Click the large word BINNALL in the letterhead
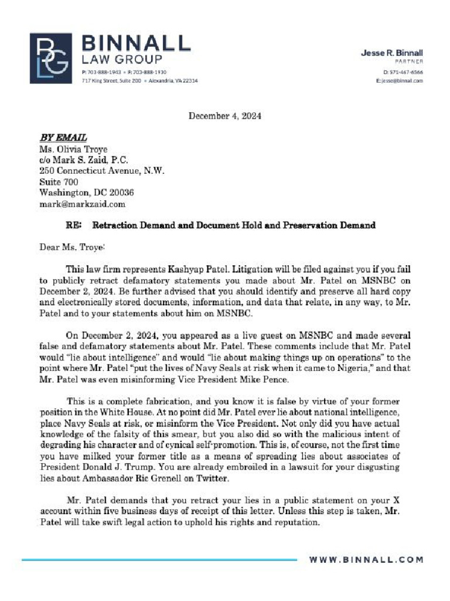tap(135, 43)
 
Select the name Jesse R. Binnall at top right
tap(391, 53)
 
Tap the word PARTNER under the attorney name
tap(409, 62)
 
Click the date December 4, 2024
tap(224, 116)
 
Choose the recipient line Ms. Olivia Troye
tap(73, 149)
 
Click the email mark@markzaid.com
tap(83, 204)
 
